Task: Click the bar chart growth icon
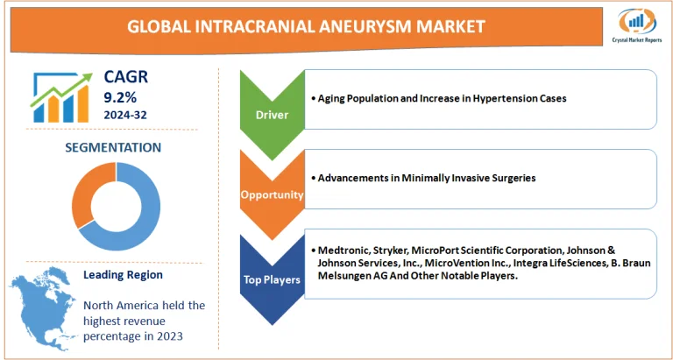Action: pos(61,96)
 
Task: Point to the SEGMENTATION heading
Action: pos(113,147)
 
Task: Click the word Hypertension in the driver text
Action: pos(495,98)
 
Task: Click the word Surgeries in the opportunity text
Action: pos(514,178)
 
